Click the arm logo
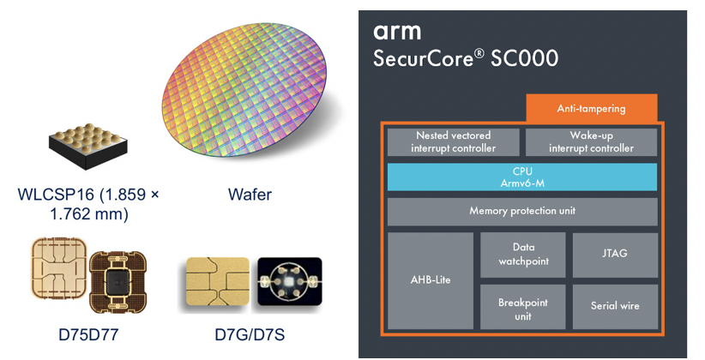tap(397, 32)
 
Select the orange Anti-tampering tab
tap(591, 108)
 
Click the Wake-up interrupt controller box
tap(590, 141)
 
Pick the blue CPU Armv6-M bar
tap(521, 177)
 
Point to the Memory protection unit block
tap(521, 211)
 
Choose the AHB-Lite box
tap(431, 279)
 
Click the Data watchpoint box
tap(522, 254)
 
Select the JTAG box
tap(614, 254)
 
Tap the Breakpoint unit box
tap(522, 309)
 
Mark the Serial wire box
tap(614, 305)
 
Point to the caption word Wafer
tap(250, 195)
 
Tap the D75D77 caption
tap(88, 334)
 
